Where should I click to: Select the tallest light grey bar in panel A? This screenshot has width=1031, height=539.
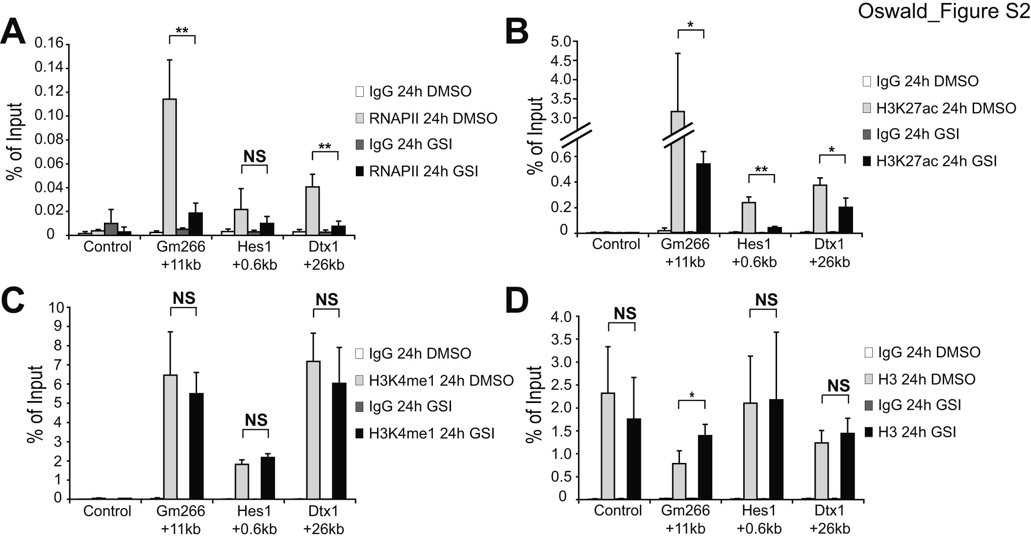point(170,167)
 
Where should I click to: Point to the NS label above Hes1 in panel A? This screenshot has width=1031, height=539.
point(254,157)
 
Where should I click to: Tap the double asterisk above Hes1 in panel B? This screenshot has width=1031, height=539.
point(761,170)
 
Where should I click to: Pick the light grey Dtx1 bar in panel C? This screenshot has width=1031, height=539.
point(313,430)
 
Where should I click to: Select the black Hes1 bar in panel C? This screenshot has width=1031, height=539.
point(267,478)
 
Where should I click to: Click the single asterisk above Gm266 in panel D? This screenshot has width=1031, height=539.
point(691,395)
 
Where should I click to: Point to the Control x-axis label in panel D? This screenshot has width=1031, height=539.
point(618,511)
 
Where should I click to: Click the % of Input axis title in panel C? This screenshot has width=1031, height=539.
point(35,404)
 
